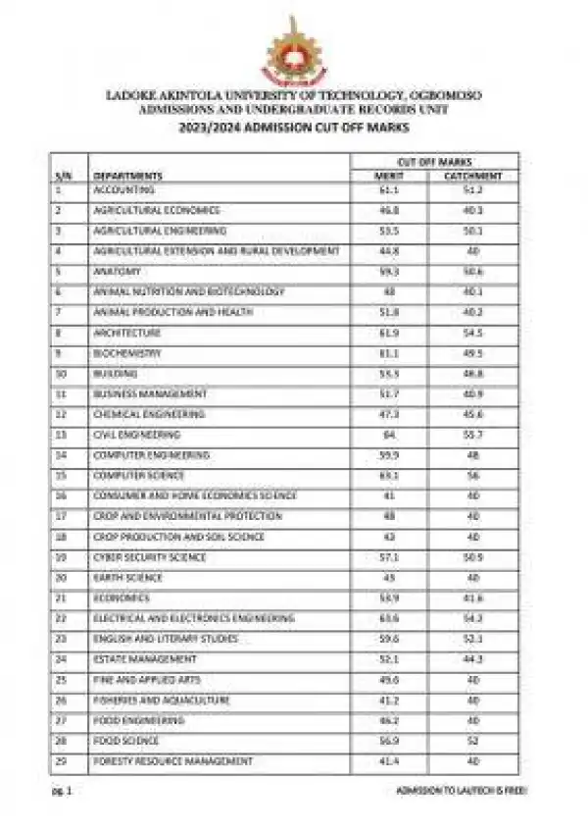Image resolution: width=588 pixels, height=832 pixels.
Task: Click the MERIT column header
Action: coord(389,176)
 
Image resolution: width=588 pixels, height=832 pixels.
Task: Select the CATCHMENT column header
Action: coord(472,176)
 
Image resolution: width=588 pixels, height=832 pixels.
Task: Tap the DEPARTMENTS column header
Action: coord(127,176)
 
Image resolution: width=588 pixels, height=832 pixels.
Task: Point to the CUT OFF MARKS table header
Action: coord(431,160)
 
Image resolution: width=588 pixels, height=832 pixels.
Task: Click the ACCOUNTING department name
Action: coord(123,189)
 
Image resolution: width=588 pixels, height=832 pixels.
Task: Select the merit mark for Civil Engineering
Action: coord(389,434)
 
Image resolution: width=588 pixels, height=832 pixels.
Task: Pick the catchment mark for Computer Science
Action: coord(472,475)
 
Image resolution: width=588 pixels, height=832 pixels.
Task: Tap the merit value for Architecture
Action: coord(389,333)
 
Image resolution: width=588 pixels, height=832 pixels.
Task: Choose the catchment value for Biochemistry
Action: coord(472,353)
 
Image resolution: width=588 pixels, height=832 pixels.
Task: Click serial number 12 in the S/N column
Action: coord(59,414)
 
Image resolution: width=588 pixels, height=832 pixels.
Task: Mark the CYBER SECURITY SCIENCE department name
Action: coord(149,557)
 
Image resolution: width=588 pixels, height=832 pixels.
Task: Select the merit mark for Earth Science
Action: coord(389,578)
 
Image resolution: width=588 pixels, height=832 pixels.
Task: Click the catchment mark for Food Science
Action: coord(472,741)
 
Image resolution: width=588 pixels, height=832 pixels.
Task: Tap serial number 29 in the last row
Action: coord(59,761)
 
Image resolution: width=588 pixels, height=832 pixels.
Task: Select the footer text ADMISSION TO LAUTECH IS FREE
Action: coord(460,790)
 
